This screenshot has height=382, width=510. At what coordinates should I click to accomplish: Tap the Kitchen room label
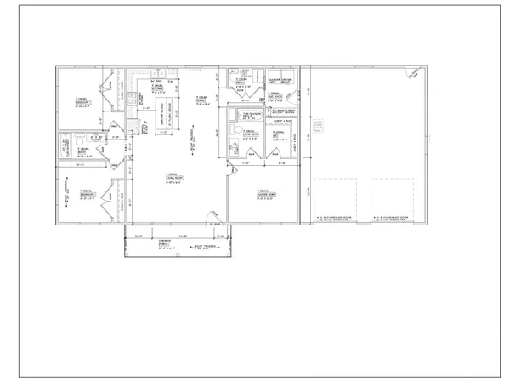(x=157, y=88)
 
